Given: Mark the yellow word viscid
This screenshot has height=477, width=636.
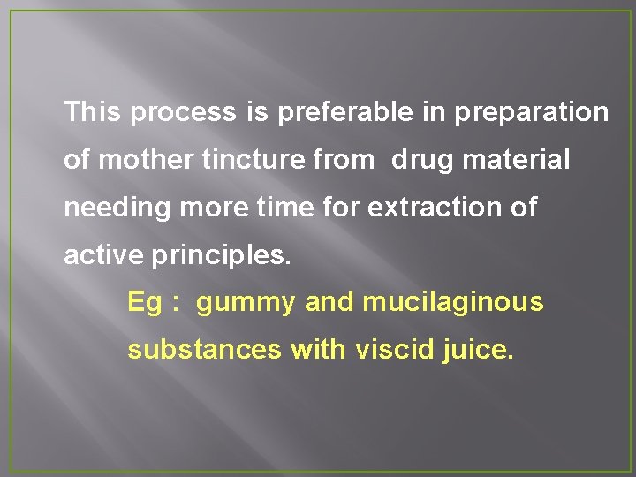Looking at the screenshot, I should coord(393,351).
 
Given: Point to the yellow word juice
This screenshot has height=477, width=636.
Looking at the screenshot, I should coord(476,351).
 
